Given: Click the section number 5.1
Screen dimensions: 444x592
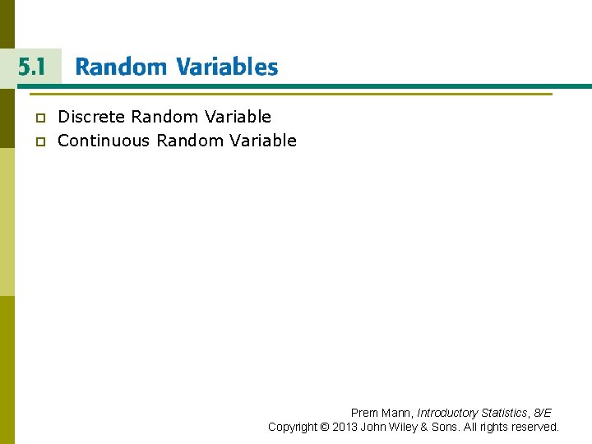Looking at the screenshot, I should click(x=30, y=67).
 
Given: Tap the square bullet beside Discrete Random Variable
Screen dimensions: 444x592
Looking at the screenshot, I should click(x=38, y=118).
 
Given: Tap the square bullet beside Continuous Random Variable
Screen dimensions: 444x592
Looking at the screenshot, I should click(x=38, y=141).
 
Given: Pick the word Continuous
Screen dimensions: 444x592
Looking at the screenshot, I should click(x=104, y=141).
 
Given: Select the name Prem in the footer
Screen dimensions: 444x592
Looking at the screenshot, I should click(x=365, y=413).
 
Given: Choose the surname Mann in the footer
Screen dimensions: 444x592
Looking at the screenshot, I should click(x=397, y=413).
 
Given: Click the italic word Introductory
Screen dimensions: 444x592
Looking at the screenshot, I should click(x=447, y=413).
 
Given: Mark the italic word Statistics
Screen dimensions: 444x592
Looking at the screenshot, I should click(x=504, y=413).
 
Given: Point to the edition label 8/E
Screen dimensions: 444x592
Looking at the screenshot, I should click(x=542, y=413).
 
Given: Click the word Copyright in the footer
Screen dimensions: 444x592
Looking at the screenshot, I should click(x=292, y=427).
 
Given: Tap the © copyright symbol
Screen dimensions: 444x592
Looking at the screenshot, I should click(x=326, y=427).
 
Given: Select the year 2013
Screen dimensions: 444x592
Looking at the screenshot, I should click(x=345, y=427).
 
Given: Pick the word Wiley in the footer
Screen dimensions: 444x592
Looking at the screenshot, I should click(x=401, y=427).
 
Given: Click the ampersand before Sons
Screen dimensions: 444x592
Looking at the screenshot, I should click(x=425, y=427).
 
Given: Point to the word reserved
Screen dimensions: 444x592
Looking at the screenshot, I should click(x=534, y=427).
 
